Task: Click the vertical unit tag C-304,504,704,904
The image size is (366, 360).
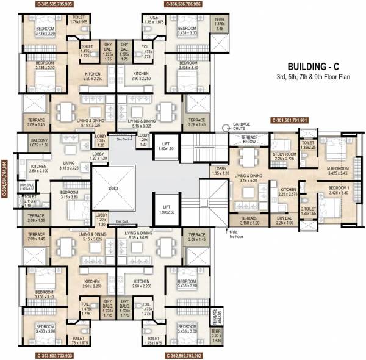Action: pyautogui.click(x=5, y=184)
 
